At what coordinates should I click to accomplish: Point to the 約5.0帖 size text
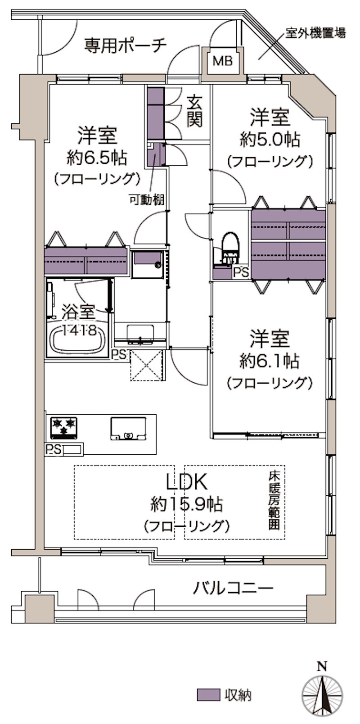coord(270,140)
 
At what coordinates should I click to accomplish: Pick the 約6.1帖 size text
coord(270,361)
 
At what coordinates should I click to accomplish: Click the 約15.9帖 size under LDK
coord(186,504)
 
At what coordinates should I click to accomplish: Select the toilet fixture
coord(231,246)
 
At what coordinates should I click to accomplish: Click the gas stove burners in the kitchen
coord(64,427)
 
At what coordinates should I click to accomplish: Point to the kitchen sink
coord(129,428)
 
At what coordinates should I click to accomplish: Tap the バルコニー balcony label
coord(234,588)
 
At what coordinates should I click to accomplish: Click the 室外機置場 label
coord(315,33)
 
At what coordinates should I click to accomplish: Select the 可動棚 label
coord(147,199)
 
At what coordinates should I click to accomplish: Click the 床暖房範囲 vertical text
coord(274,500)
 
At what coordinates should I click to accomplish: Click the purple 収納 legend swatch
coord(208,695)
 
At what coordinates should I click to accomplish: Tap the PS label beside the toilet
coord(241,272)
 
